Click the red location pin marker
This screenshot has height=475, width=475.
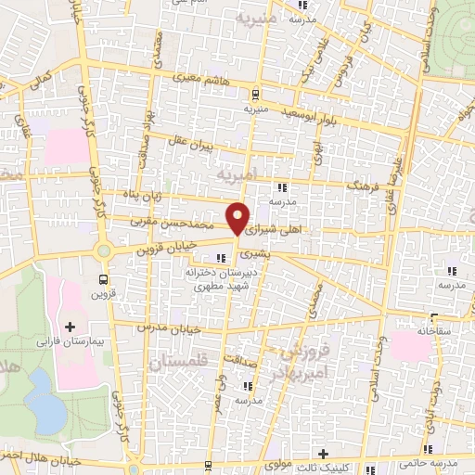[238, 218]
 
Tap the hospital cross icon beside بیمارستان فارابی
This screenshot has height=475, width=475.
[71, 327]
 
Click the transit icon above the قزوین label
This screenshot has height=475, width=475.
[102, 278]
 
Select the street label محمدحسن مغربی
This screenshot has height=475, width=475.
[180, 225]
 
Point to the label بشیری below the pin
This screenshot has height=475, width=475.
[252, 252]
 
